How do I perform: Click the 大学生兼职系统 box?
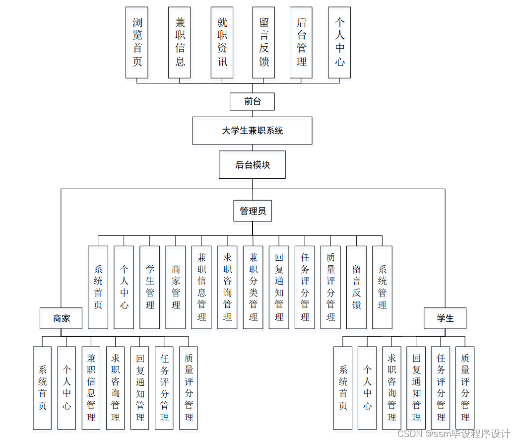(x=252, y=131)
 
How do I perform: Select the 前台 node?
(x=252, y=101)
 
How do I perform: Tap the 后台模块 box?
(x=252, y=164)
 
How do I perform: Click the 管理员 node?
(x=253, y=211)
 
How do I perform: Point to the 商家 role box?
(x=61, y=318)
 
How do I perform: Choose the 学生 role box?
(x=445, y=318)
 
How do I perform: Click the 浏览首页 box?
(x=137, y=42)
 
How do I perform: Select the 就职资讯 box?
(x=222, y=42)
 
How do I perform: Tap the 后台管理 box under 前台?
(x=301, y=42)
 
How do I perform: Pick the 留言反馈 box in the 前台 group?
(x=263, y=42)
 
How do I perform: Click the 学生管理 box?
(x=150, y=287)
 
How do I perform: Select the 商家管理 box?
(x=176, y=287)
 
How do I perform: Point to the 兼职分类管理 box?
(x=253, y=287)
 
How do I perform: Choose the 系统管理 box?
(x=382, y=287)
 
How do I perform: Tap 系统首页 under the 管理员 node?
(x=98, y=287)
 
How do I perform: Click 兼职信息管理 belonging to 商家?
(x=91, y=387)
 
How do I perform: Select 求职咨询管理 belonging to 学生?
(x=391, y=387)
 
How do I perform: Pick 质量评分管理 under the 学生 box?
(x=465, y=387)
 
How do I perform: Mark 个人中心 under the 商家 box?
(x=66, y=387)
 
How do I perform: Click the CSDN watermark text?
(x=453, y=434)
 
